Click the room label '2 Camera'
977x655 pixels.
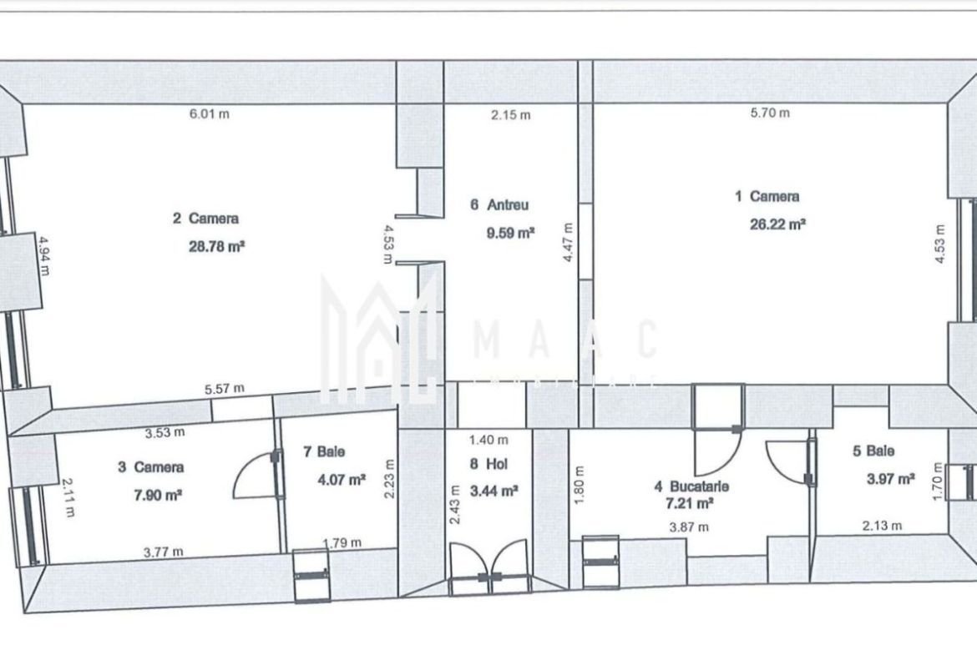pos(205,219)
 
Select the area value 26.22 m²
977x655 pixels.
pos(777,224)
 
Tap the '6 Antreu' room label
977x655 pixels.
pos(499,204)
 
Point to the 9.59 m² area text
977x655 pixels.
pos(510,234)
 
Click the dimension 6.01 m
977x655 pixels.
pos(210,114)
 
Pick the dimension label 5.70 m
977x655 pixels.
pos(770,113)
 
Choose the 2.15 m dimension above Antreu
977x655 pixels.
pos(511,114)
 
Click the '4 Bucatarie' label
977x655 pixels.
pos(691,486)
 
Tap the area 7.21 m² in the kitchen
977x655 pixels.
pos(690,502)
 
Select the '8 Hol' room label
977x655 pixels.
pos(489,464)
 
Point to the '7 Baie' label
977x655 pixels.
pos(324,451)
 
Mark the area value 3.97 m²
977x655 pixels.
pos(891,479)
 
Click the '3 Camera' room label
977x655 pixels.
pos(151,467)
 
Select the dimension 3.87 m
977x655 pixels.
pos(689,527)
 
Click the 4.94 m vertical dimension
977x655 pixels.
pos(44,255)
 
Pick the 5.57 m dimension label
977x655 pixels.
pos(225,389)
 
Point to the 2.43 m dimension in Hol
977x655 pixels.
pos(455,504)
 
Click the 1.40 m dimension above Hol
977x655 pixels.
pos(488,441)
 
